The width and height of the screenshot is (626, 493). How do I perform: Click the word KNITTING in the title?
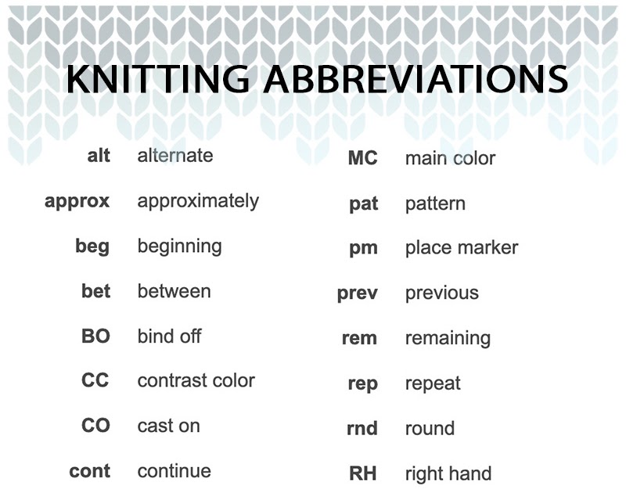164,81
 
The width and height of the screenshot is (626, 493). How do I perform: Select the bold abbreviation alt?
99,155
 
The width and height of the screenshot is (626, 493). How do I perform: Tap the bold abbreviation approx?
77,201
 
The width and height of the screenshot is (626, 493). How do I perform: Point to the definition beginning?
179,246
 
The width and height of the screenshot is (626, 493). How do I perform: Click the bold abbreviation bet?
95,291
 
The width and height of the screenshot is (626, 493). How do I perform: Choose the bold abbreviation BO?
95,336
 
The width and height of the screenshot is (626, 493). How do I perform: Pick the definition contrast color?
196,380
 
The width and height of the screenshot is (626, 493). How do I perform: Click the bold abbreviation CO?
95,426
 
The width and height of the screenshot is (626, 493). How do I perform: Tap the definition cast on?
168,426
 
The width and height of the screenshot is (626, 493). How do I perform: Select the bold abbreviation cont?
89,471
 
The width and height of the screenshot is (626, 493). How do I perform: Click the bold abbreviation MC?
362,158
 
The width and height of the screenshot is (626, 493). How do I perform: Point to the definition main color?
450,158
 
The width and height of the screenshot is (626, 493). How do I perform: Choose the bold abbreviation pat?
364,204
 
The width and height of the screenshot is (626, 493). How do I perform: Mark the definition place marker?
461,248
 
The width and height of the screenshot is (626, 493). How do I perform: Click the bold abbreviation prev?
358,293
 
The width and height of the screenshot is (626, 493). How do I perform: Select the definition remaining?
448,339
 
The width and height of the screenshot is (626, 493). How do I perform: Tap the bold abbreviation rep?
363,384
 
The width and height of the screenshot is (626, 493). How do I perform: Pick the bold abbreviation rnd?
362,429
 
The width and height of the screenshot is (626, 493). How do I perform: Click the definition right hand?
448,473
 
